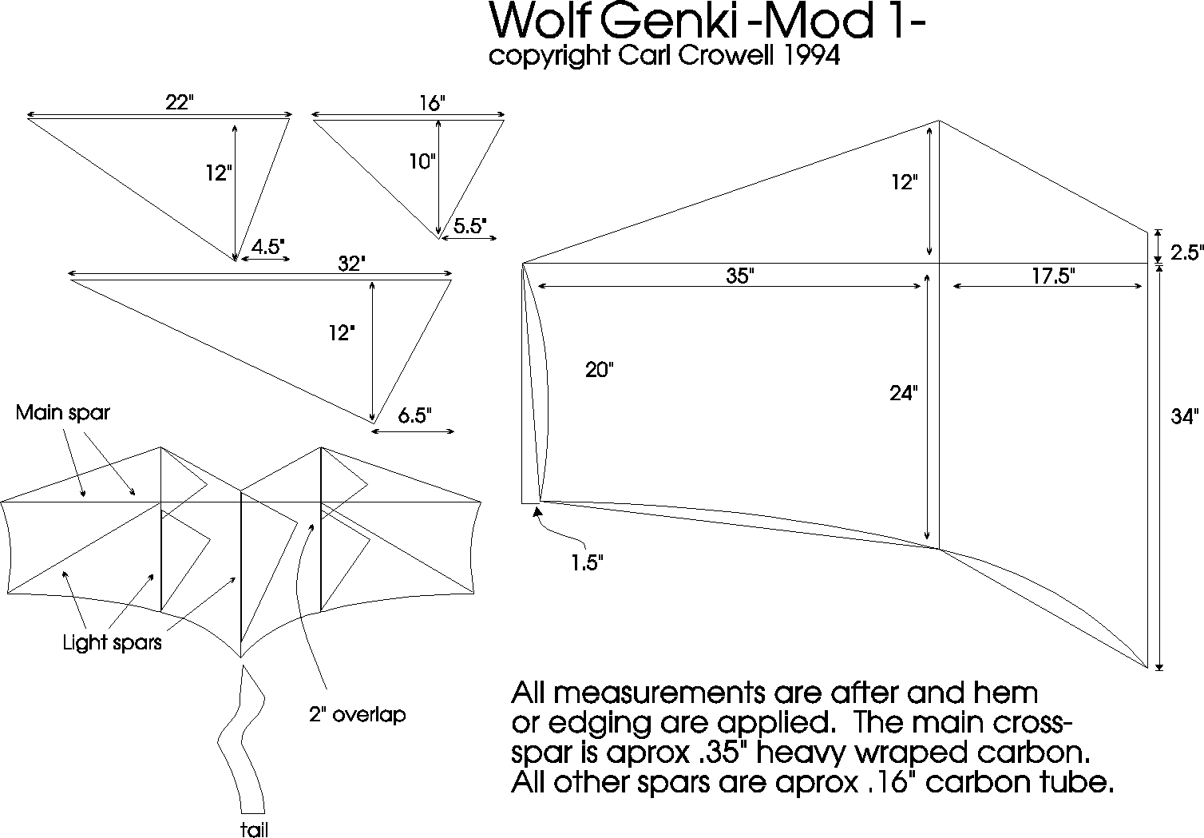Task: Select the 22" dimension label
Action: [179, 101]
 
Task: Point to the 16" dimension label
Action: [433, 102]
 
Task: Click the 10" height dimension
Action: [422, 161]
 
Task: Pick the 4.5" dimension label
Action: [267, 246]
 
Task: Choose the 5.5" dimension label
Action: [469, 226]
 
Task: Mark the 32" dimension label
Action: [351, 263]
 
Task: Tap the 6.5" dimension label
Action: [415, 415]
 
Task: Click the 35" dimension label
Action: [740, 275]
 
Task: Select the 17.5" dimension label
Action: [1054, 276]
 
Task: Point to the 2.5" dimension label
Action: [1186, 252]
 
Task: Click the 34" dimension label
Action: [1185, 415]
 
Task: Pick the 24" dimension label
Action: [904, 393]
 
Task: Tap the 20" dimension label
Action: [600, 370]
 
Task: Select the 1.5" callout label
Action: [587, 562]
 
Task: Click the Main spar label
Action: [62, 412]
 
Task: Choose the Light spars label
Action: [112, 642]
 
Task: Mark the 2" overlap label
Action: [357, 714]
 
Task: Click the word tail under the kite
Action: [254, 829]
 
